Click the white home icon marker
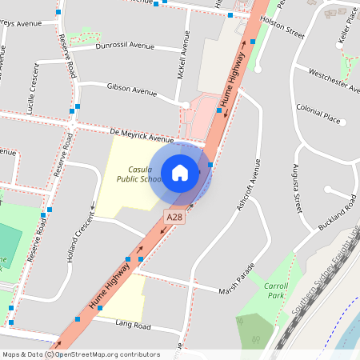(180, 172)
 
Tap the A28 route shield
(175, 217)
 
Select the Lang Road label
(132, 326)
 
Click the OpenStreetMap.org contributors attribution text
(108, 354)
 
